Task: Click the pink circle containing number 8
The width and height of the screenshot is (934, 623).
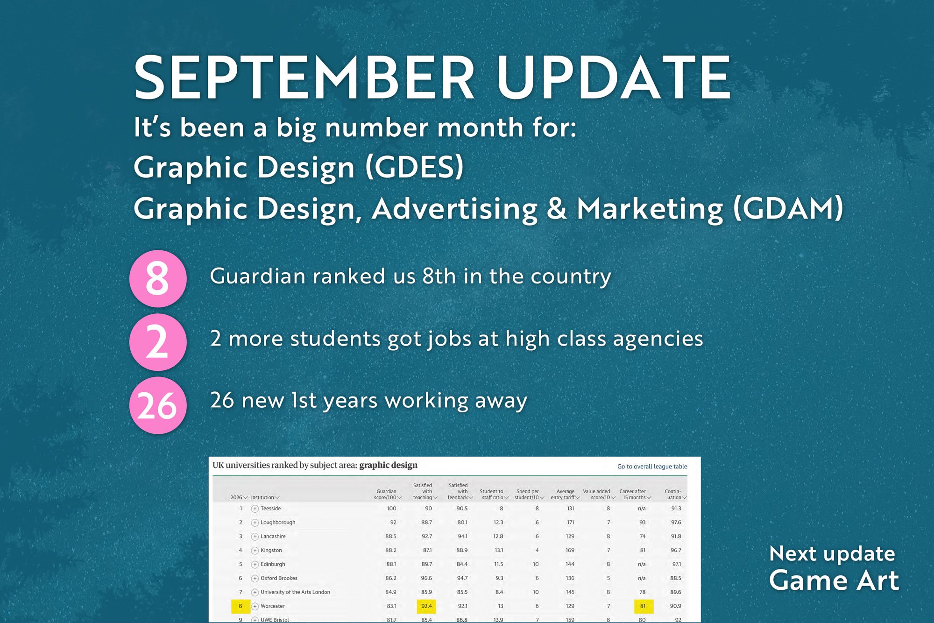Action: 158,278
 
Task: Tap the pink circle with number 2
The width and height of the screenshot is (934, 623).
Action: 158,342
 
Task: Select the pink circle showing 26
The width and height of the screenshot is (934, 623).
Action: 158,405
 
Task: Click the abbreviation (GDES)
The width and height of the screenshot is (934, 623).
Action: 414,167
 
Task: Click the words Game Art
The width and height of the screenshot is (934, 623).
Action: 834,581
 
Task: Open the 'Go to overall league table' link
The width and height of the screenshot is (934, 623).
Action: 652,466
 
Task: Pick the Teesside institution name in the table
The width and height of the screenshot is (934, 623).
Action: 271,508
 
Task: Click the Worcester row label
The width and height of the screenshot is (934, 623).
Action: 273,606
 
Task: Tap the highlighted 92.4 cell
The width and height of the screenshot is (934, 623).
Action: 426,606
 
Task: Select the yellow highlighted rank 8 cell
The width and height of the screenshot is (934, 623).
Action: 241,606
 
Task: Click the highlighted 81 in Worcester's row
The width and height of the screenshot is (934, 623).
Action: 643,606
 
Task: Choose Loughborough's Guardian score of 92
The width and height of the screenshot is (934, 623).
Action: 393,522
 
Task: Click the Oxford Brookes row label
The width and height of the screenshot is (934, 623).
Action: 279,578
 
